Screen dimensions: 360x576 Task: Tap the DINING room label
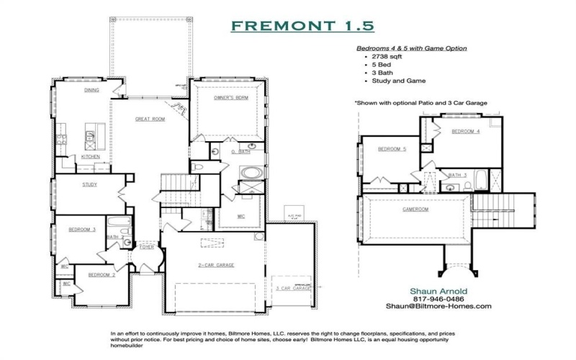(91, 91)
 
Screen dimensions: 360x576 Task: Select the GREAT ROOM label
(150, 119)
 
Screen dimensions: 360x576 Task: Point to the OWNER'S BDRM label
(230, 96)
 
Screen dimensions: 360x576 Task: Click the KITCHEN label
(90, 156)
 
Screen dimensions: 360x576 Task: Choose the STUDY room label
(90, 184)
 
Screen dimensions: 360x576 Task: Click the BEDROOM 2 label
(101, 274)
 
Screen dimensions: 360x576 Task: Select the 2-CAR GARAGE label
(212, 265)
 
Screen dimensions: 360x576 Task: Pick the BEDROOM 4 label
(465, 132)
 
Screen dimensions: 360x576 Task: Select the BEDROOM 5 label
(394, 149)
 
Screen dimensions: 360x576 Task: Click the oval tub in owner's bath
(252, 173)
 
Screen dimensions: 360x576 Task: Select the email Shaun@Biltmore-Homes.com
(438, 306)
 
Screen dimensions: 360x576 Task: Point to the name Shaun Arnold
(438, 290)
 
